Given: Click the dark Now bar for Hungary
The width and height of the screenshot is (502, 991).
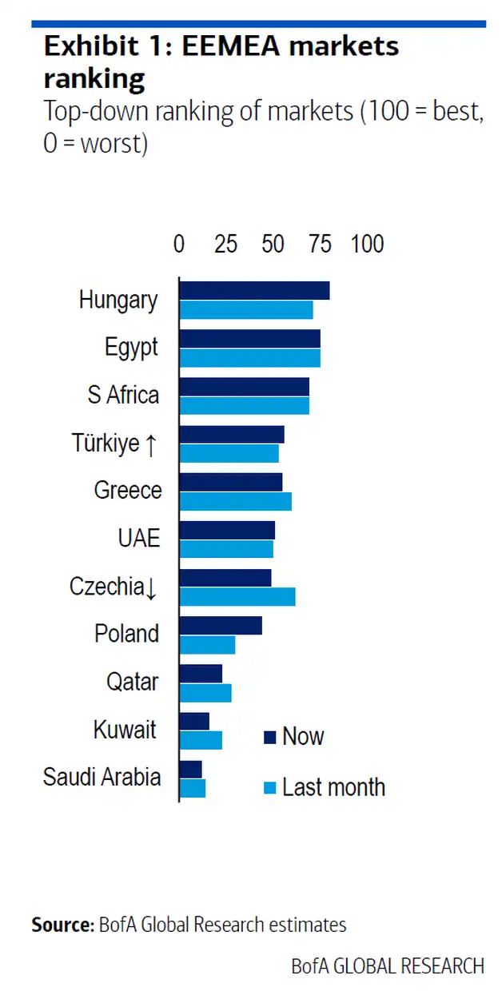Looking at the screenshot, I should tap(254, 291).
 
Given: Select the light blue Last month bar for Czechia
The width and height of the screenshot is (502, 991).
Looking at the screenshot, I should tap(237, 597).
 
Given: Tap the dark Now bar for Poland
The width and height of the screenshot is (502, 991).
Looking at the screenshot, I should tap(221, 626).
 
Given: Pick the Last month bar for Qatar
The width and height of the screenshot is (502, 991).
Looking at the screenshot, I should tap(205, 693).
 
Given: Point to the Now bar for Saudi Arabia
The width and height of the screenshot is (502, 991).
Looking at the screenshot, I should tap(191, 769).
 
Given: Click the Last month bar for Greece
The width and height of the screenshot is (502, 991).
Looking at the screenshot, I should tap(236, 501).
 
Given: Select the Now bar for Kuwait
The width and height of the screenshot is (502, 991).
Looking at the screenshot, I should tap(194, 721).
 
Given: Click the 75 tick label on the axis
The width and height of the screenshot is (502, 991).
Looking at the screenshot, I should tap(321, 244).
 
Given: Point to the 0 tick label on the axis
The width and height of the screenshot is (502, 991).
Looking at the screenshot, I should tap(179, 244).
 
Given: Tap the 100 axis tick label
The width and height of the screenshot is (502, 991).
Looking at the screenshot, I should tap(368, 244).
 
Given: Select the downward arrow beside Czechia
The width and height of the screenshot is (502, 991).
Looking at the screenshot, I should tap(151, 588).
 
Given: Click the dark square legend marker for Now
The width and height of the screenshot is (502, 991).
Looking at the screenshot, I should tap(269, 737).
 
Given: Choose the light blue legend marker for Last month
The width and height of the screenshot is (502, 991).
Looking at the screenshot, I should tap(269, 788).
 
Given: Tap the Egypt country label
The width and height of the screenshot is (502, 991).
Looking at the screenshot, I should tap(132, 348).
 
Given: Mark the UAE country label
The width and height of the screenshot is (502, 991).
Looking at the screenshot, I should tap(139, 538).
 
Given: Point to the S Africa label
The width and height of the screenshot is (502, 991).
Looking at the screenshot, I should tap(123, 395).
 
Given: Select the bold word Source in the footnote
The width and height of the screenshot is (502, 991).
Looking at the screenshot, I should tap(62, 925).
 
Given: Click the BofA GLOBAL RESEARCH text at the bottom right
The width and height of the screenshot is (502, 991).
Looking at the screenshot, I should tap(388, 966).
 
